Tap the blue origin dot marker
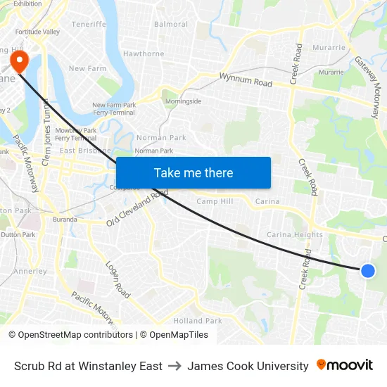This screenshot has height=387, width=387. [367, 270]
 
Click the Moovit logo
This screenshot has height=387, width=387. [345, 365]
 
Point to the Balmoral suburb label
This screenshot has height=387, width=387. [171, 24]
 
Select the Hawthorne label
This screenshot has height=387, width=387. [144, 53]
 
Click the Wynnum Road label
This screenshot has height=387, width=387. [246, 80]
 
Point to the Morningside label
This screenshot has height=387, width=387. [182, 101]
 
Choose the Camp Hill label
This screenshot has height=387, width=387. [215, 201]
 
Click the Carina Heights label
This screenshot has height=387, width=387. [295, 234]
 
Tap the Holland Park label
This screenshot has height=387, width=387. [198, 321]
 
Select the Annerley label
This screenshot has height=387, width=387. [30, 271]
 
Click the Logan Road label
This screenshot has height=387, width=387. [118, 279]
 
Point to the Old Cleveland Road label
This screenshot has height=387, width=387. [137, 208]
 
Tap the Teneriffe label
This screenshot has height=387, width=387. [89, 24]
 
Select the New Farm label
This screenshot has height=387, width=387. [87, 68]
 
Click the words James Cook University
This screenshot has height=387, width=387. [248, 366]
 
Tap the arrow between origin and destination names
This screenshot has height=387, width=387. [175, 366]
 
